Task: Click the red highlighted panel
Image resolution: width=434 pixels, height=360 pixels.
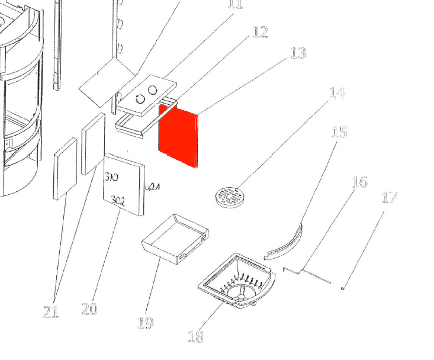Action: (178, 136)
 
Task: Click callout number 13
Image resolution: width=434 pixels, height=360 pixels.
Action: (298, 53)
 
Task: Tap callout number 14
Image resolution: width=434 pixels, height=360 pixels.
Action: (336, 93)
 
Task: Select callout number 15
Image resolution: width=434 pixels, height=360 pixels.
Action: (339, 131)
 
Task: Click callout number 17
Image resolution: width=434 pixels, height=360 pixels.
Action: (389, 197)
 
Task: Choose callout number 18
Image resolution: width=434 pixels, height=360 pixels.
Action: (195, 336)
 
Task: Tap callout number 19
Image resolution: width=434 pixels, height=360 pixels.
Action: (145, 323)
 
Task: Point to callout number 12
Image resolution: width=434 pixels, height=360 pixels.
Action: (260, 32)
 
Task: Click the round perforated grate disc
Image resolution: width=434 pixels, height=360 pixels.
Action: (228, 197)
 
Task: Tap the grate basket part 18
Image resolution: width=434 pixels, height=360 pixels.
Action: (237, 281)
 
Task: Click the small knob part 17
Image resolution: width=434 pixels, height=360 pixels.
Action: (343, 288)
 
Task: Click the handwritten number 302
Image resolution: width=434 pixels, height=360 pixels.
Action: (118, 202)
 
